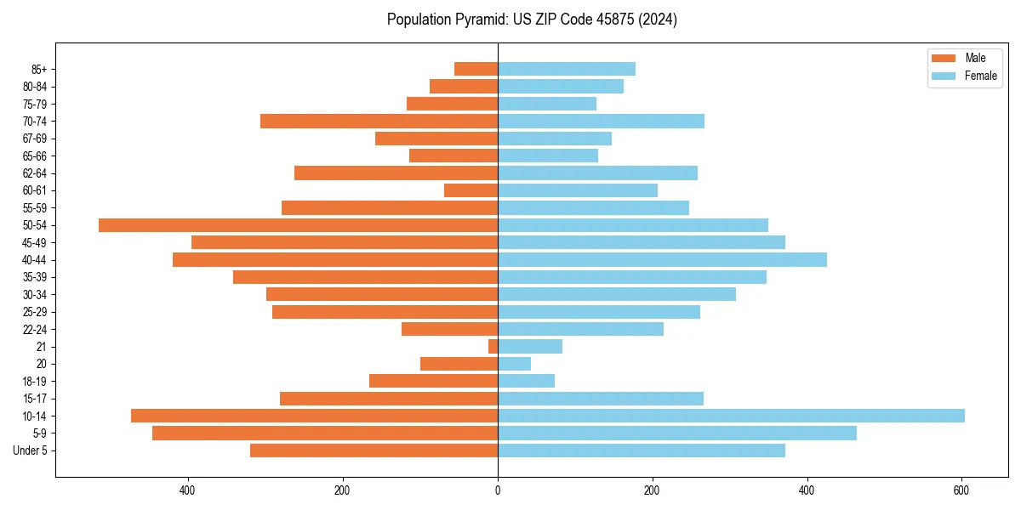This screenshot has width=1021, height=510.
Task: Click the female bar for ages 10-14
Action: pyautogui.click(x=731, y=416)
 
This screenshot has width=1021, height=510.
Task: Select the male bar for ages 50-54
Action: pyautogui.click(x=298, y=225)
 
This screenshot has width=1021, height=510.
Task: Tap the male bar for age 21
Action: pyautogui.click(x=493, y=347)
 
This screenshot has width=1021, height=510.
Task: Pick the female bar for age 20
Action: pyautogui.click(x=514, y=364)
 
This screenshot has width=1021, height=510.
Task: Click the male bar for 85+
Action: pyautogui.click(x=476, y=69)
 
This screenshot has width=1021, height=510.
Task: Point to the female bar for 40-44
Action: pyautogui.click(x=662, y=260)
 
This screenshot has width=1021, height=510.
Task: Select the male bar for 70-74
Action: pyautogui.click(x=379, y=122)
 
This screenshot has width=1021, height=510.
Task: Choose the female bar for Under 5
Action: pyautogui.click(x=641, y=450)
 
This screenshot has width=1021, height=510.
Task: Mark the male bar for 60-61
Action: pyautogui.click(x=471, y=190)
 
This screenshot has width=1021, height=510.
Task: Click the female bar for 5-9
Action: pyautogui.click(x=676, y=433)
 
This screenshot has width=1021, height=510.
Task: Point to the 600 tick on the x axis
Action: pyautogui.click(x=961, y=490)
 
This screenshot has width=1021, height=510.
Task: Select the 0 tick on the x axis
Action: pyautogui.click(x=498, y=490)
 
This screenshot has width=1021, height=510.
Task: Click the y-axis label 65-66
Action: pyautogui.click(x=34, y=156)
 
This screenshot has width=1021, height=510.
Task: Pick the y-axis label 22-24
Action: pyautogui.click(x=34, y=330)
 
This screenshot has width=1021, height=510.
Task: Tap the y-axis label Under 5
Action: pyautogui.click(x=30, y=450)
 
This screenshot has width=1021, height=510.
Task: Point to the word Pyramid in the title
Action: pyautogui.click(x=481, y=20)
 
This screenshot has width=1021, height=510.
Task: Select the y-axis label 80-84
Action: pyautogui.click(x=34, y=87)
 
